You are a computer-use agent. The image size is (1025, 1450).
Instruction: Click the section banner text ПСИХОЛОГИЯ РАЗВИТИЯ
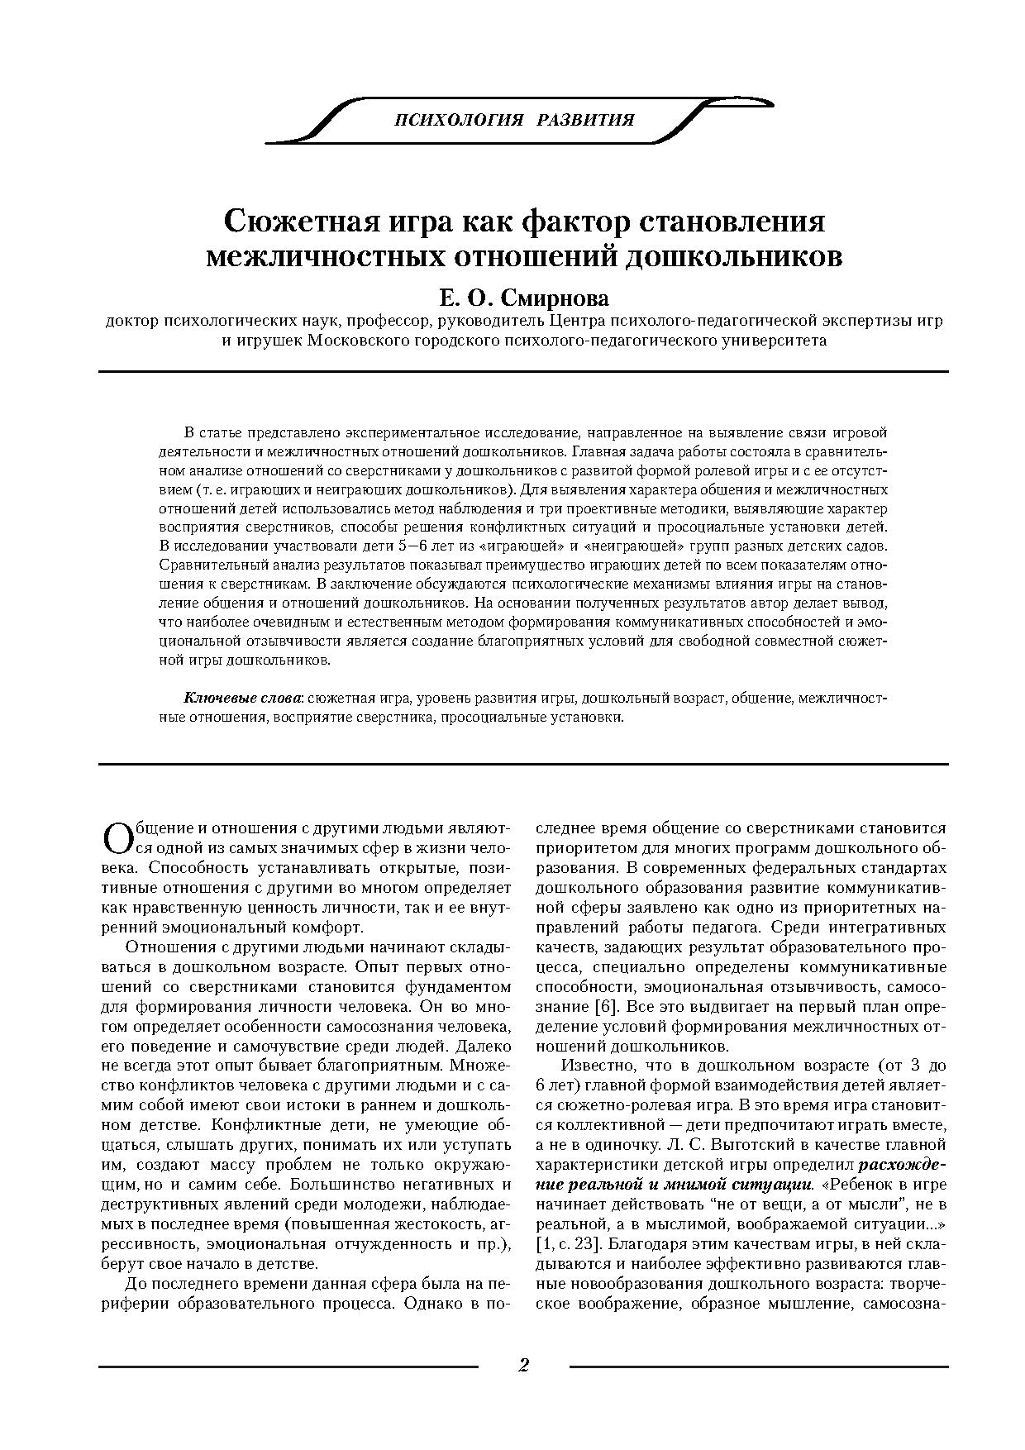tap(514, 120)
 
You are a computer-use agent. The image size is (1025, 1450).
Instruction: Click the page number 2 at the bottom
tap(522, 1365)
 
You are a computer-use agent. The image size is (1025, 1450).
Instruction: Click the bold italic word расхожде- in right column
tap(903, 1165)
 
